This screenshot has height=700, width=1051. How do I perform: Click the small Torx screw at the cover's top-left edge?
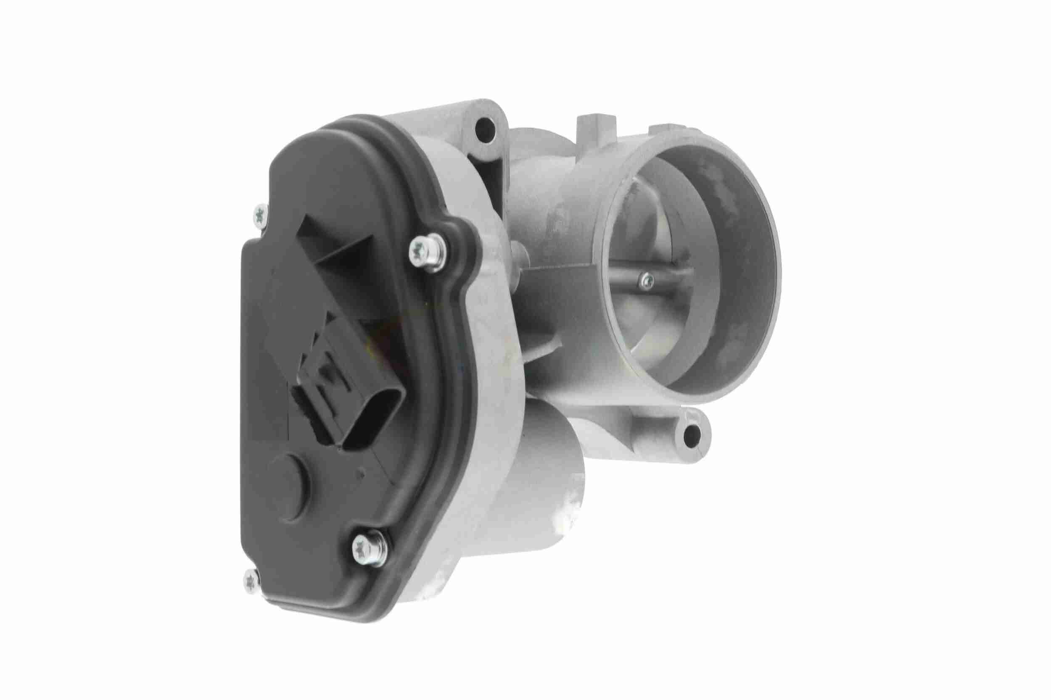click(x=261, y=217)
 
